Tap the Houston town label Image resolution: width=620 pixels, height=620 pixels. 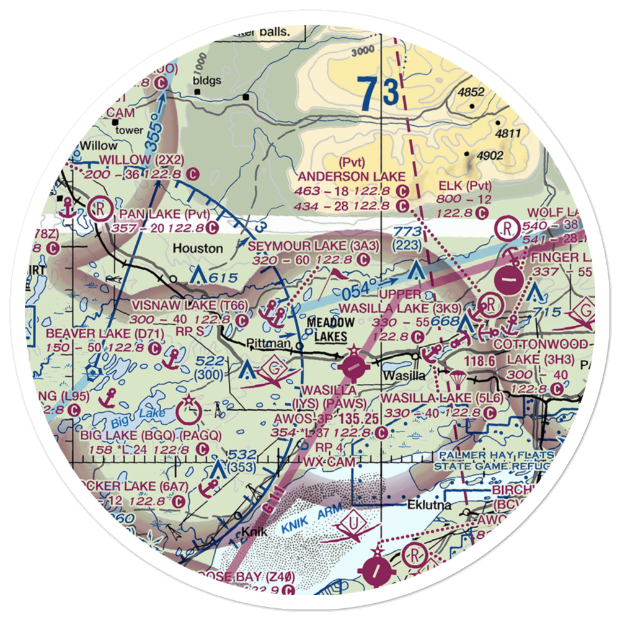198,248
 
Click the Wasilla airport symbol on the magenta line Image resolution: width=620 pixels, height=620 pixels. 354,366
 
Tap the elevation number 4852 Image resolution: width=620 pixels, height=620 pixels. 471,92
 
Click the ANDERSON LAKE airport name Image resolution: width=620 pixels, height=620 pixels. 352,177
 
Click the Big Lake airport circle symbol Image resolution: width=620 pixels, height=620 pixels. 188,410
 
